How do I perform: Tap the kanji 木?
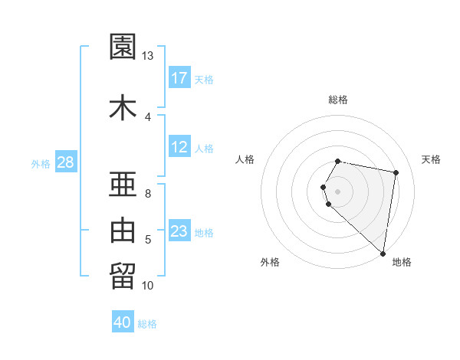[123, 106]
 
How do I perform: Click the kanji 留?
[123, 275]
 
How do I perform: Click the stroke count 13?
[148, 56]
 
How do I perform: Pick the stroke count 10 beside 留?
[148, 286]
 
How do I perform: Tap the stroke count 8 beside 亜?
[148, 194]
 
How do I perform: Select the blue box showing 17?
[179, 78]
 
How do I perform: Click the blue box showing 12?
[179, 147]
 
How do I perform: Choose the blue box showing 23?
[179, 231]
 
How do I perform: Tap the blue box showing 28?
[65, 162]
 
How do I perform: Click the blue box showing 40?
[123, 323]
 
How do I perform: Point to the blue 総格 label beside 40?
[147, 324]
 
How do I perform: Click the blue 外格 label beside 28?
[41, 163]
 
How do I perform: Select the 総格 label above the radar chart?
[338, 100]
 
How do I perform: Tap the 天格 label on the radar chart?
[431, 159]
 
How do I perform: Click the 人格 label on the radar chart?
[245, 159]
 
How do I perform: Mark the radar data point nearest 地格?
[383, 253]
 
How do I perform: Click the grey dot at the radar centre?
[338, 190]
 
